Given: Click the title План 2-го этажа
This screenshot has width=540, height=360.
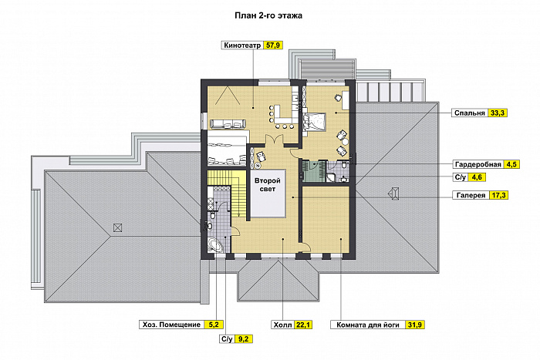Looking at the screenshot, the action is [268, 15].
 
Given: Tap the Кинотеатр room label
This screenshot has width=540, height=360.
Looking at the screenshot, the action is [242, 45].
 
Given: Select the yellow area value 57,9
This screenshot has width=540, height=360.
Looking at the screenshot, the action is [273, 45].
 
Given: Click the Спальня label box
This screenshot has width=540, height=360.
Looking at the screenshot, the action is [470, 113].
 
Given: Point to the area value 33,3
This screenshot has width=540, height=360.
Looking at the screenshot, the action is [498, 113].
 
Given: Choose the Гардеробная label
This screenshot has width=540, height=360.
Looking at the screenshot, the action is [478, 164].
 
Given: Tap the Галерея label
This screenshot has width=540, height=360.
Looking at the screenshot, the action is [471, 195].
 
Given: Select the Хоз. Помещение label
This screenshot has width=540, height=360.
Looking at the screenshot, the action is [171, 325].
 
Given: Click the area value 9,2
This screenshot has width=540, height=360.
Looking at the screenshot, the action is [243, 339].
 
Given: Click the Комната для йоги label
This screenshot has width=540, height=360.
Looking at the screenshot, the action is [368, 325].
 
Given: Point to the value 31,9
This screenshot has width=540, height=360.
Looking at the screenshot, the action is [415, 325].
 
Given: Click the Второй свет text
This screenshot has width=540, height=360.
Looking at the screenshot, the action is [268, 184].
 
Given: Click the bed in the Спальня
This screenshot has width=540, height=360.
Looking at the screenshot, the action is [314, 122].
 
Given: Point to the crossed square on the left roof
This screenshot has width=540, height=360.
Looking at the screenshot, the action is [117, 227].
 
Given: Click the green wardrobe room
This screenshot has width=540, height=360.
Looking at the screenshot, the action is [313, 170].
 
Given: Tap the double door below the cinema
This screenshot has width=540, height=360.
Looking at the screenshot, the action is [274, 140].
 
